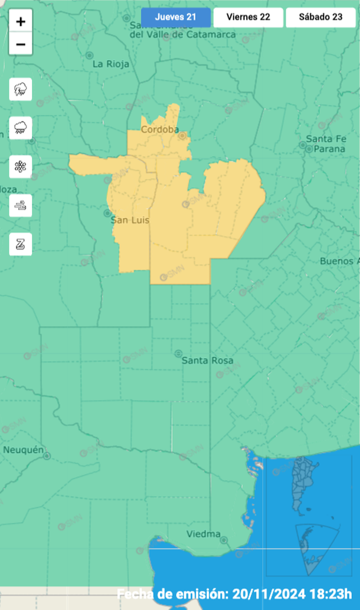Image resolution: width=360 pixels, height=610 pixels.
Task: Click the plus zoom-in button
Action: tap(21, 22)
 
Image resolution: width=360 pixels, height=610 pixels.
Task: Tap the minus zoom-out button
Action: tap(21, 44)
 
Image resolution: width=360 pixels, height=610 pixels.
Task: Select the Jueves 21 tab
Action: tap(175, 17)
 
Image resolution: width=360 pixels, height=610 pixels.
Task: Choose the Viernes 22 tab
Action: tap(248, 17)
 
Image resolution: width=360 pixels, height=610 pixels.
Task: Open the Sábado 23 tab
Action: tap(320, 17)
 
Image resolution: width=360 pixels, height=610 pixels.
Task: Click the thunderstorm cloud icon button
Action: tap(21, 90)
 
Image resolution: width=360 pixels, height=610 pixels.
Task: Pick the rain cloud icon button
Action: tap(21, 128)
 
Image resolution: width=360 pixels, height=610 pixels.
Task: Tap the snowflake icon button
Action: tap(21, 167)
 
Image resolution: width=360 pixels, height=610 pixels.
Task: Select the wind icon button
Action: tap(21, 205)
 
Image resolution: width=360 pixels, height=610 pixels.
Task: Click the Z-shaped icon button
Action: tap(21, 244)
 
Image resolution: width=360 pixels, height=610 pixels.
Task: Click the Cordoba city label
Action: tap(156, 129)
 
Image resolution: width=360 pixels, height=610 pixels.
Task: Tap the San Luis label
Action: tap(130, 220)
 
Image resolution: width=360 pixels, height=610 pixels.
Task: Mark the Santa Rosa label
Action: tap(207, 360)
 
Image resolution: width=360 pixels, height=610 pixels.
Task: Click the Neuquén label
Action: tap(24, 450)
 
